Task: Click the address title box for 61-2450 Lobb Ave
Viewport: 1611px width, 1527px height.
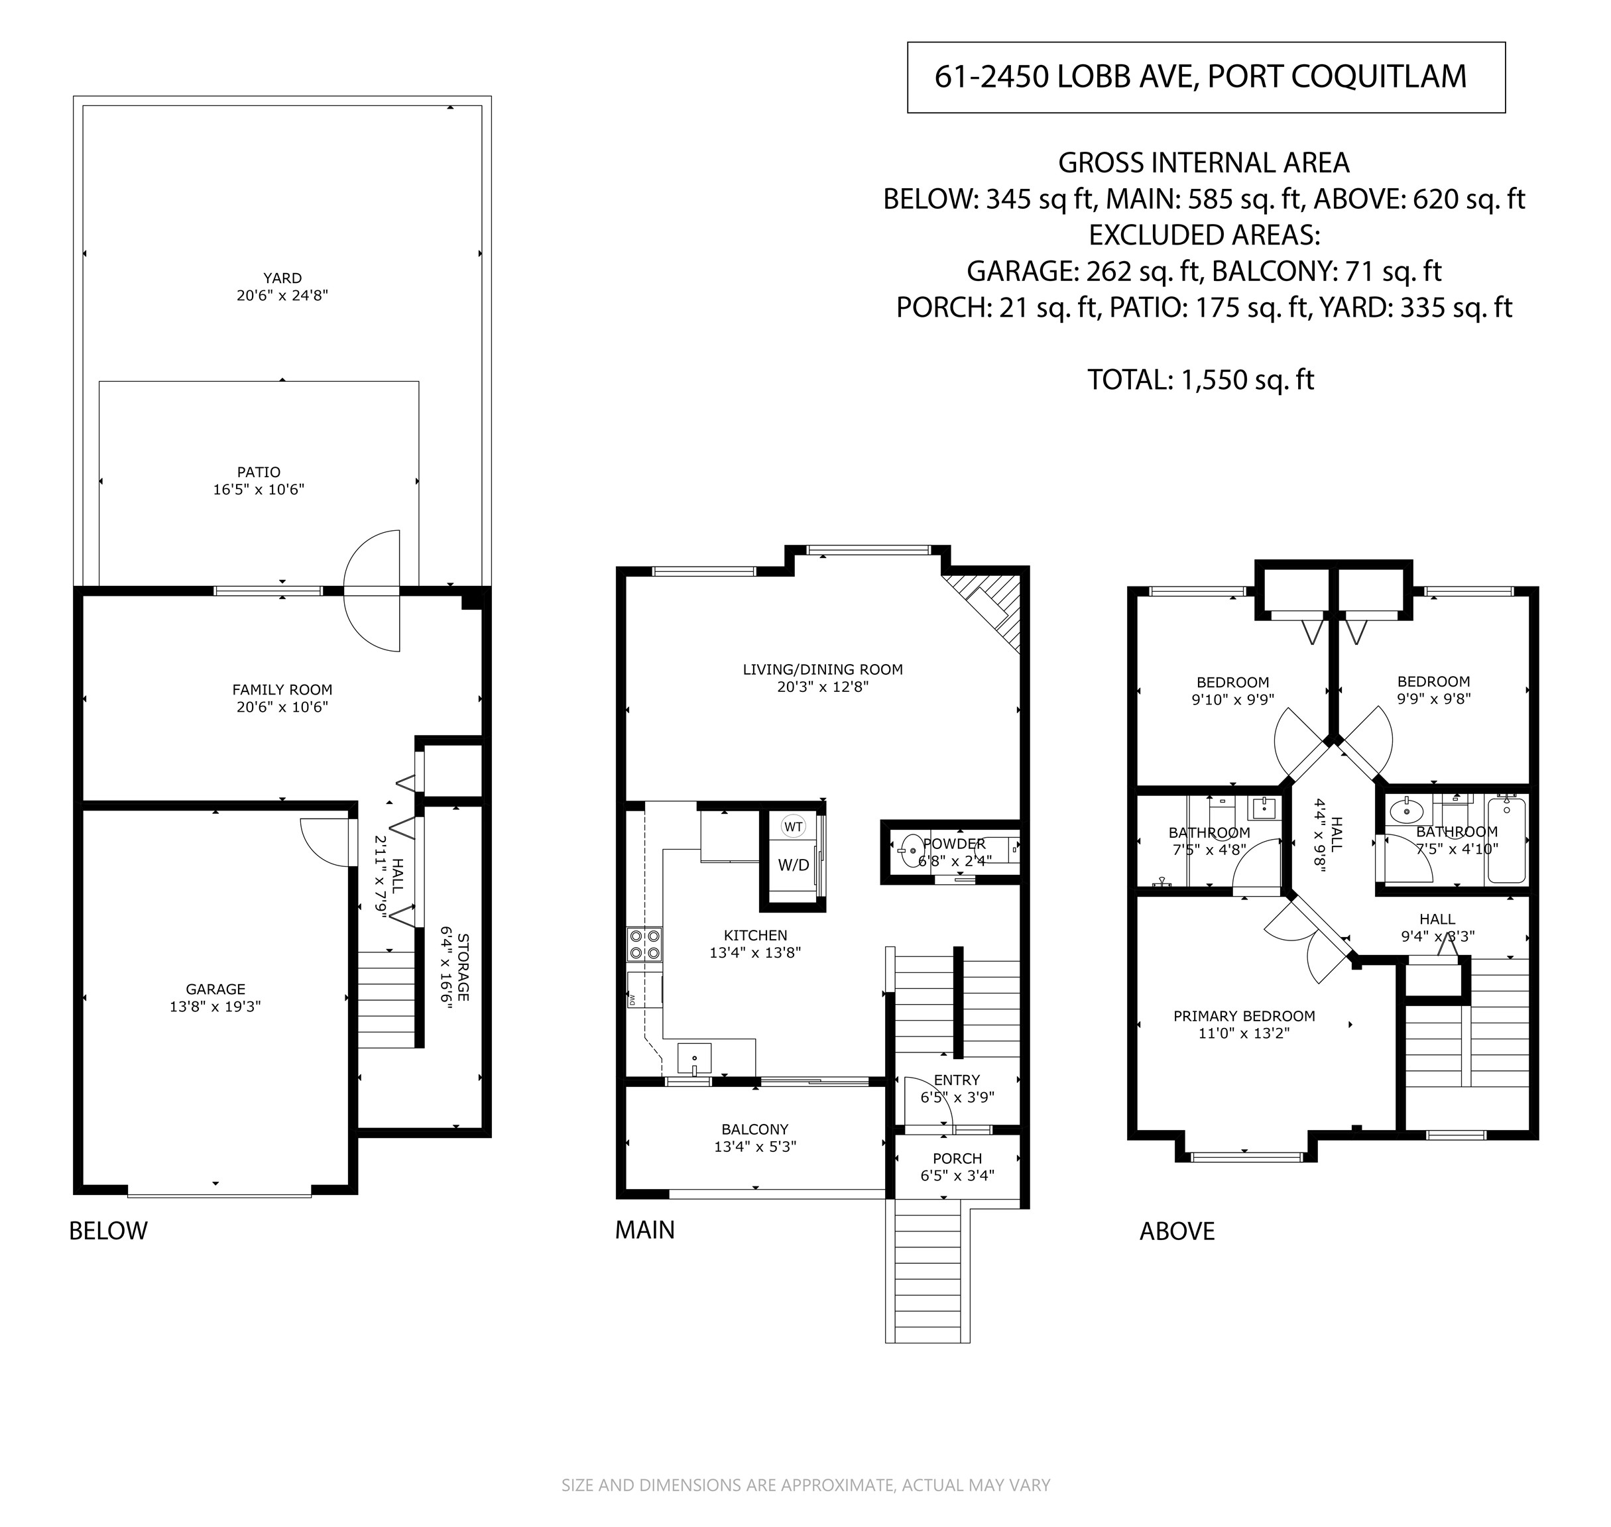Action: click(1206, 78)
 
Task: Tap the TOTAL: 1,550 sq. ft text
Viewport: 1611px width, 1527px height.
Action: click(1201, 379)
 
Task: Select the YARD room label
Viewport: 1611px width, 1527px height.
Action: click(282, 278)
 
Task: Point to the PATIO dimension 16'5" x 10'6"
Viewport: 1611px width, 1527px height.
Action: click(259, 489)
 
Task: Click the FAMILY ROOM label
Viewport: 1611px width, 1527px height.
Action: click(282, 689)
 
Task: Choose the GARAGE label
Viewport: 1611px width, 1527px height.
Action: click(215, 989)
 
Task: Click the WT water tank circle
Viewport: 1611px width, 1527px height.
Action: click(793, 827)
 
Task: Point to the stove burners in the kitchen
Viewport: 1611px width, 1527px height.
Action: click(644, 944)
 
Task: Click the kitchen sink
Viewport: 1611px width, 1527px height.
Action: click(694, 1058)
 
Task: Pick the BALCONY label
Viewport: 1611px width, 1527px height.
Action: click(754, 1129)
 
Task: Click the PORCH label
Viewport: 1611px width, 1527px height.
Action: click(957, 1159)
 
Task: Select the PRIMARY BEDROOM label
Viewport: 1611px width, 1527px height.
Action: click(1244, 1016)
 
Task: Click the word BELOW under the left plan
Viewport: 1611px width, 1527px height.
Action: click(108, 1231)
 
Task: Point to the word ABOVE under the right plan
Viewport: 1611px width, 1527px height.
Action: click(1177, 1231)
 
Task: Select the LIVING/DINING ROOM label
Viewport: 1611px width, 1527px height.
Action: click(823, 670)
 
